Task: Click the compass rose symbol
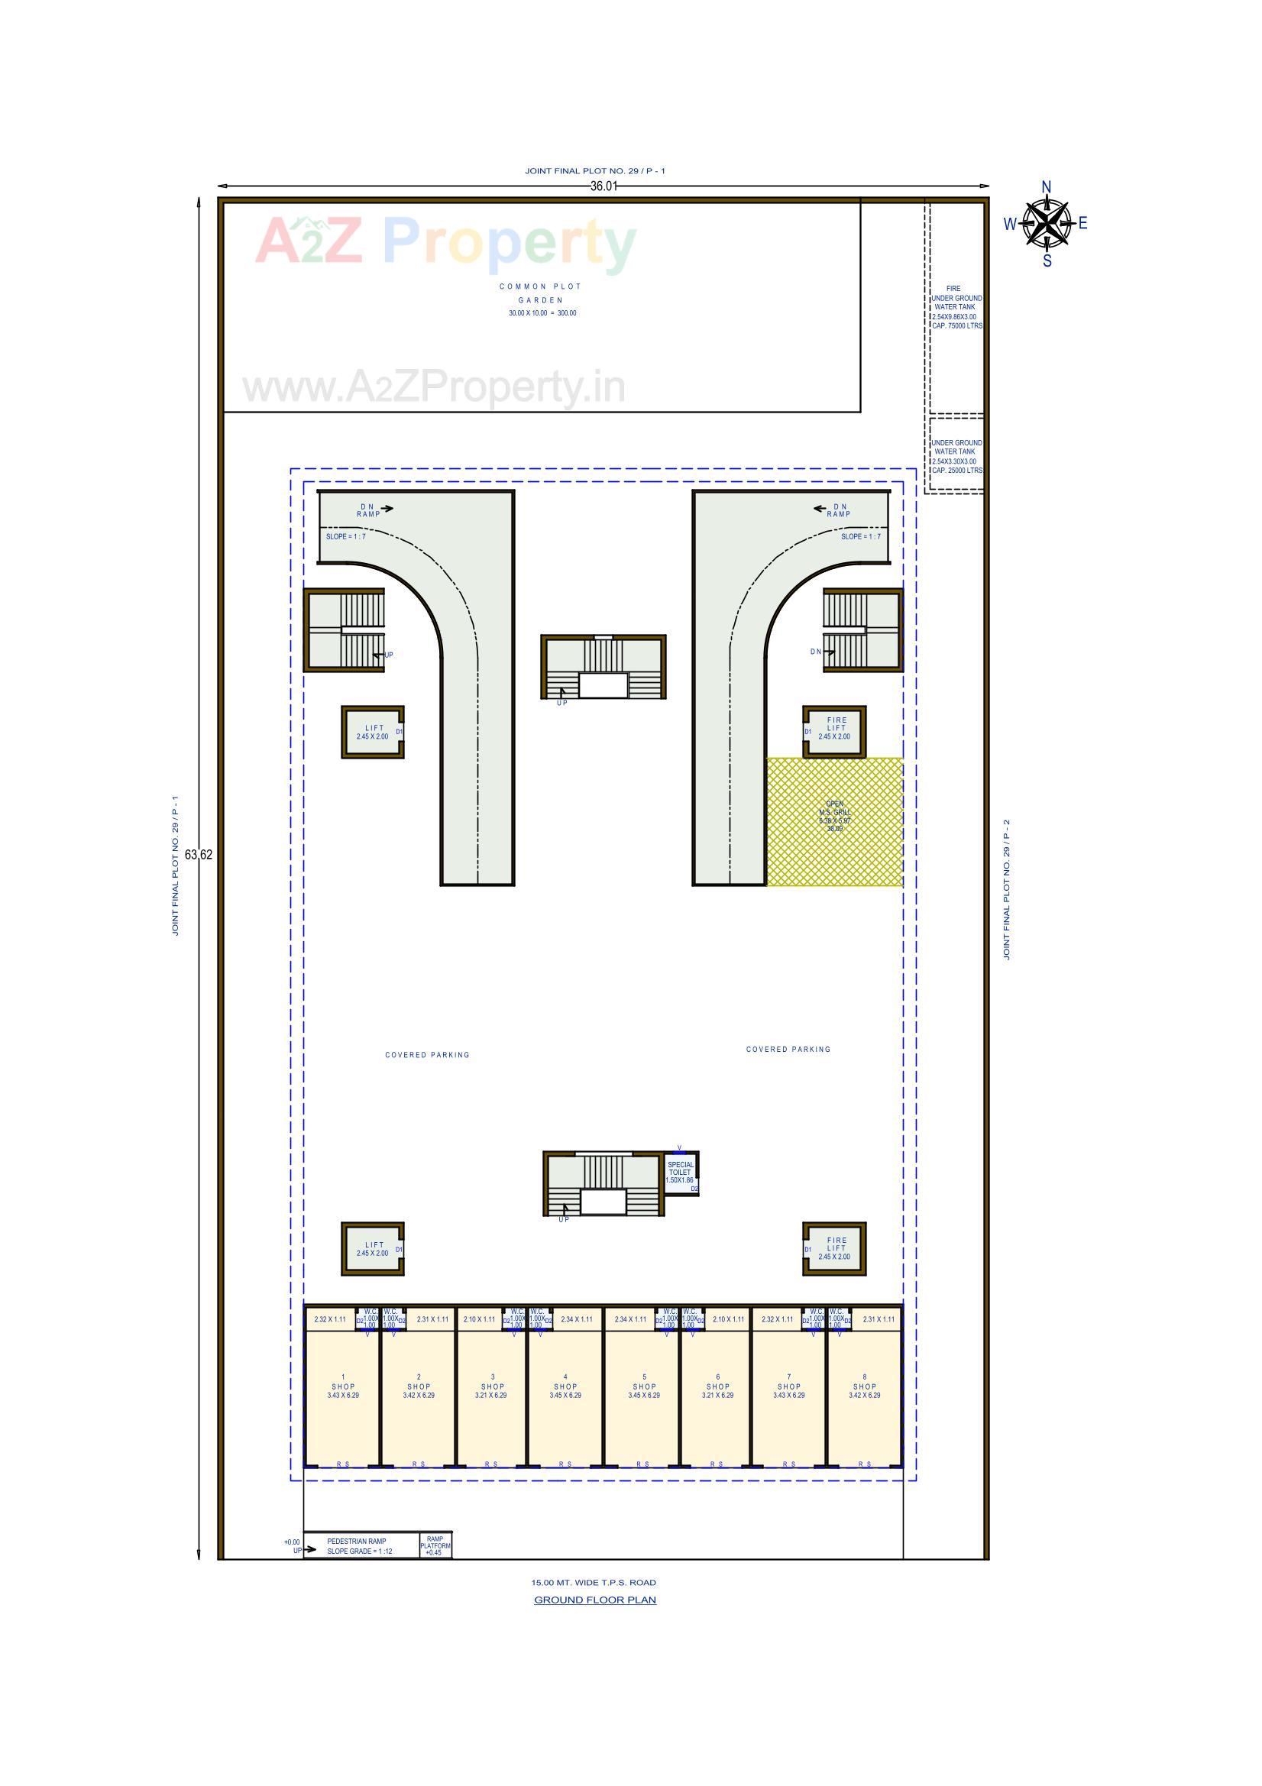tap(1047, 223)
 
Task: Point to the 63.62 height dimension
tap(199, 854)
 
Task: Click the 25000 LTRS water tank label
tap(956, 457)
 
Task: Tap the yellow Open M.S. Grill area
tap(834, 821)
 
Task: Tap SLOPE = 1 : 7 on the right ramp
tap(860, 537)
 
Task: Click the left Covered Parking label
tap(427, 1055)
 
